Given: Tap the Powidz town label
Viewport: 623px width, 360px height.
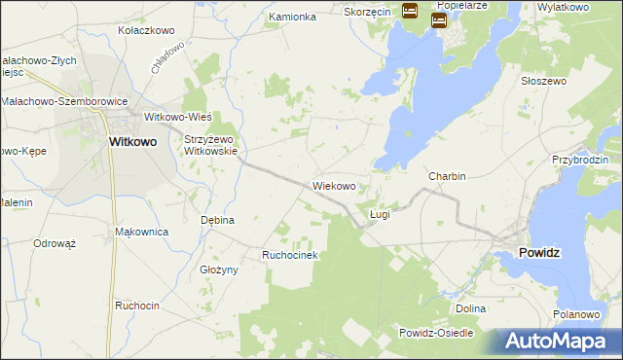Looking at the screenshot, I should (534, 252).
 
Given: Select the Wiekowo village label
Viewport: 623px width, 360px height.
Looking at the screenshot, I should (340, 185).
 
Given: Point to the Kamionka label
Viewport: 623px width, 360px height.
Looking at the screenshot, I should (293, 17).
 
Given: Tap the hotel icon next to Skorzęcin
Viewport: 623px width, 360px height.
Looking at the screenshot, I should (410, 12).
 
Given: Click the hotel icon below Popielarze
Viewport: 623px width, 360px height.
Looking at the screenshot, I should (439, 19).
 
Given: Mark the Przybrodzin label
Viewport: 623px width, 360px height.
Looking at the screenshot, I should (579, 159).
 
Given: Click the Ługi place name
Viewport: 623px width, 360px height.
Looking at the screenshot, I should (380, 213).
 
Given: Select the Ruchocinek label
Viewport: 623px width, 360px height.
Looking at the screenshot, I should (290, 255).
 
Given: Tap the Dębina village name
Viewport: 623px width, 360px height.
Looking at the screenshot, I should (218, 220).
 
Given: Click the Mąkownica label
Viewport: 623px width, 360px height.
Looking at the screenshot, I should (142, 232).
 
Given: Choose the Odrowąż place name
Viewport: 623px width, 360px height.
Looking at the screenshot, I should (55, 243).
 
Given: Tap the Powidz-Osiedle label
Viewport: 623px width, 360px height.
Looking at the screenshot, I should (436, 333).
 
